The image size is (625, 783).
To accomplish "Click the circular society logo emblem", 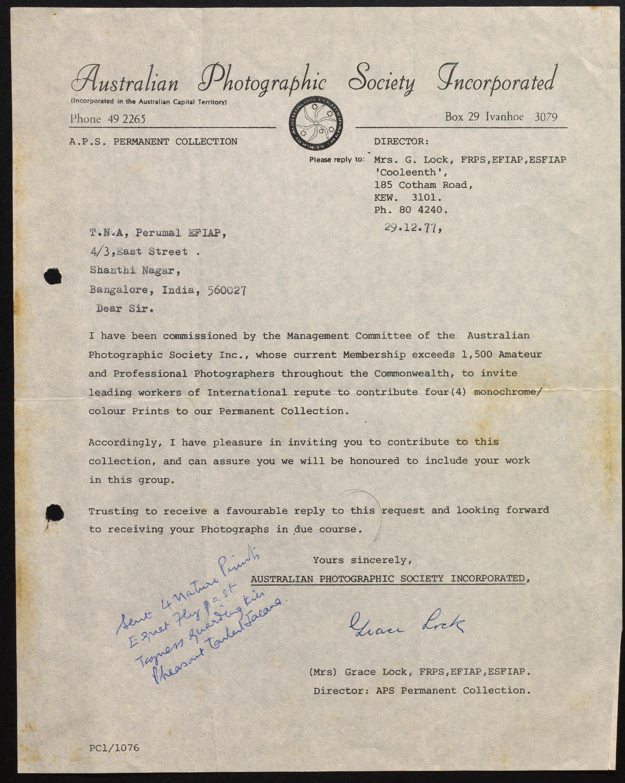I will click(316, 124).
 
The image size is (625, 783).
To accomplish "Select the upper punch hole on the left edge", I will click(53, 277).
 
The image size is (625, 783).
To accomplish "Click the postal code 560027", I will click(227, 291).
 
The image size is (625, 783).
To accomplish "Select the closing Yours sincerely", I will click(363, 560).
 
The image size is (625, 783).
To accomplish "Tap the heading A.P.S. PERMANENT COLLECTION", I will click(153, 142).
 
